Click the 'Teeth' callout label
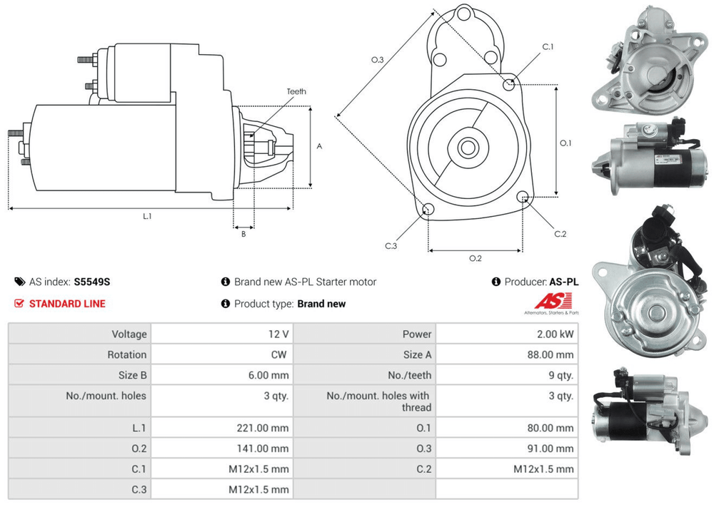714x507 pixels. (296, 91)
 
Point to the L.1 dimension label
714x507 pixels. (147, 215)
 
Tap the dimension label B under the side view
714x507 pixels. (243, 233)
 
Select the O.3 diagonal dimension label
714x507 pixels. (378, 60)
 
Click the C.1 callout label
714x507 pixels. (548, 47)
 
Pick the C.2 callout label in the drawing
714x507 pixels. (560, 234)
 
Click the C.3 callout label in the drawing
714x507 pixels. (391, 246)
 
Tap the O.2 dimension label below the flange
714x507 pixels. (476, 258)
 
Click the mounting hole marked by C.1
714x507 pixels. (509, 86)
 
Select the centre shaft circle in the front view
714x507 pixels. (468, 148)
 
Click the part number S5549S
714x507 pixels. (92, 282)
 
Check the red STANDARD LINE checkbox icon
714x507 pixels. (19, 303)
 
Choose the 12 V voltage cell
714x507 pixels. (281, 334)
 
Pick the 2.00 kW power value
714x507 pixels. (560, 334)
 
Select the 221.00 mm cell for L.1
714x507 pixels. (263, 428)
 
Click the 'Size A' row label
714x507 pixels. (417, 354)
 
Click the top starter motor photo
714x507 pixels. (645, 61)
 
